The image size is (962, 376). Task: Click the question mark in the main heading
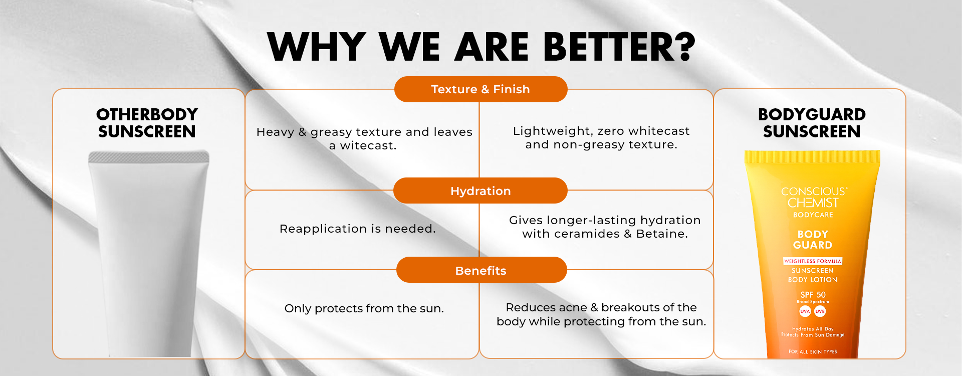[681, 47]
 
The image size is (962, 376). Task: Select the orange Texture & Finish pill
[481, 89]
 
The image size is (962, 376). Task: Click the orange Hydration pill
[480, 191]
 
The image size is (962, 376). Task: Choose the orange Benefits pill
[482, 270]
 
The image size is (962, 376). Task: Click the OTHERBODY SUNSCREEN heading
[147, 123]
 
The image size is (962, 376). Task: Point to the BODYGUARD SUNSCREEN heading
[812, 123]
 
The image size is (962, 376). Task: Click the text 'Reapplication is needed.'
[358, 229]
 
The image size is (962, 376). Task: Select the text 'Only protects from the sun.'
[364, 308]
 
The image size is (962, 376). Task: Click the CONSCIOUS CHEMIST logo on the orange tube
[813, 197]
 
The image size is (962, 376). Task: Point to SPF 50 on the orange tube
[813, 295]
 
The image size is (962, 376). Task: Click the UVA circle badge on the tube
[805, 311]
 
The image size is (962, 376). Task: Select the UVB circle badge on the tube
[820, 311]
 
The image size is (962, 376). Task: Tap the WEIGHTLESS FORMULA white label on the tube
[813, 261]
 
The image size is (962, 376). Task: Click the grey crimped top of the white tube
[149, 157]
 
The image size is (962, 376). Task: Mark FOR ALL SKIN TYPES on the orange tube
[813, 352]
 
